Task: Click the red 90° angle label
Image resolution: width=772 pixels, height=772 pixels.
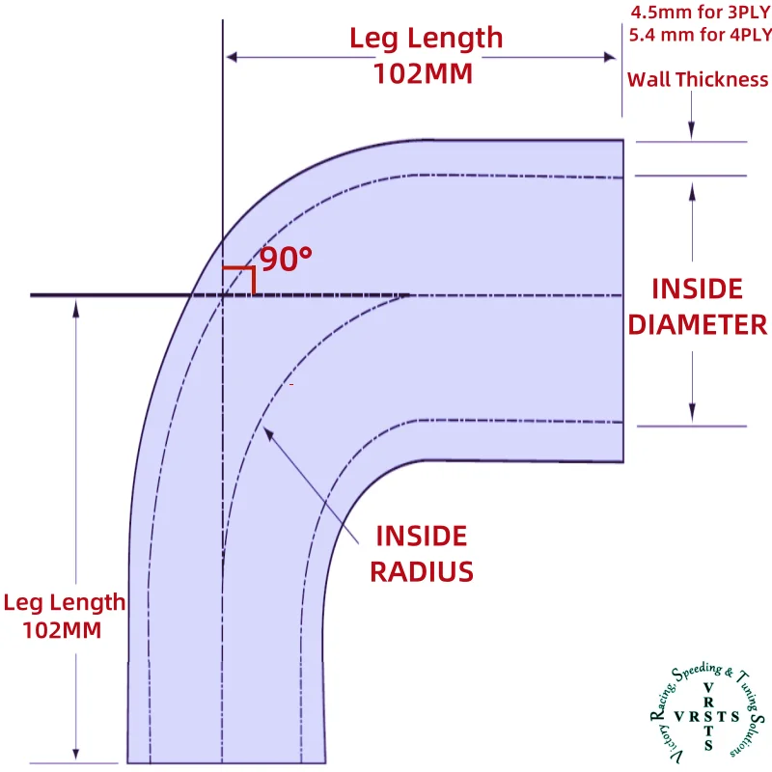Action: click(x=287, y=259)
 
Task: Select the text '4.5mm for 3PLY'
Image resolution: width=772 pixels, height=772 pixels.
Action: click(x=700, y=14)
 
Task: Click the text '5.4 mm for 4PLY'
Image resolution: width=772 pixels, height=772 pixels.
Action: click(x=700, y=37)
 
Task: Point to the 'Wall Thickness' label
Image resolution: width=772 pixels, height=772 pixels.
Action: click(x=697, y=80)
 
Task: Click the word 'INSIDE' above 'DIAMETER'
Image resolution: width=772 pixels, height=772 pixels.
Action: click(x=698, y=289)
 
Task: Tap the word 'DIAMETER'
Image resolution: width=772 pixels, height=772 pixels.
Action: click(x=698, y=324)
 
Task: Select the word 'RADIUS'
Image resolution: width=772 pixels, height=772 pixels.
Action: click(x=422, y=571)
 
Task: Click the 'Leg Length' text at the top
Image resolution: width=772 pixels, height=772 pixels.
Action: click(x=426, y=39)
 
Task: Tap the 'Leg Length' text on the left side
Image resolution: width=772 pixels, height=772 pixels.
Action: click(x=65, y=603)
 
